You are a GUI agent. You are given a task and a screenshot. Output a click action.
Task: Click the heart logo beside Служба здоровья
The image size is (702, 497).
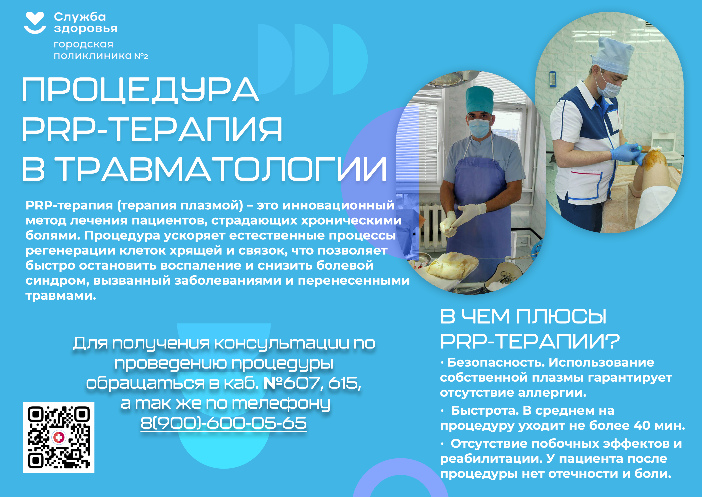35,22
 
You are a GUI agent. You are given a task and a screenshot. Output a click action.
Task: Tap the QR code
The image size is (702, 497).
59,437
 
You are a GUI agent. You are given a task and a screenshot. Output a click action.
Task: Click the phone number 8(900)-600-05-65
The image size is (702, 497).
224,423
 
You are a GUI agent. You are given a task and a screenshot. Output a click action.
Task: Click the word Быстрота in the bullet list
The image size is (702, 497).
485,411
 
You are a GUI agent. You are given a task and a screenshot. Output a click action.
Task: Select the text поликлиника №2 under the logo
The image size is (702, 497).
101,56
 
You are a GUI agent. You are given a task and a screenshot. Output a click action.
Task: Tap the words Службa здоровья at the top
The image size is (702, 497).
86,22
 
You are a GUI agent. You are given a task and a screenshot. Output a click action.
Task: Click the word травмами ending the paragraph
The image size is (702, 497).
61,296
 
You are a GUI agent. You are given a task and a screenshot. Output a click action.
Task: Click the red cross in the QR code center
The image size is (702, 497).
59,437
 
